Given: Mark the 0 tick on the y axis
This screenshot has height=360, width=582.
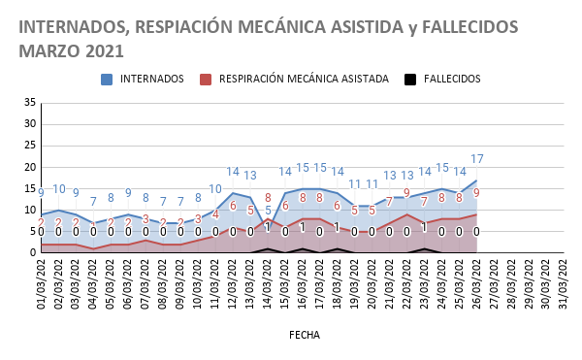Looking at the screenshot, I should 32,252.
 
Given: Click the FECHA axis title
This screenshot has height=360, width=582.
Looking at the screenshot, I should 304,334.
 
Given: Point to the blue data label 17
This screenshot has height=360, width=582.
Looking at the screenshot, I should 477,159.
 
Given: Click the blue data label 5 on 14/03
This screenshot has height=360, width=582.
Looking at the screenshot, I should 268,211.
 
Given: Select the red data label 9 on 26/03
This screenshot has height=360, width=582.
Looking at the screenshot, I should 476,193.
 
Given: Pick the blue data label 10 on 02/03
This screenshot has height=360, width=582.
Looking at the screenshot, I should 59,189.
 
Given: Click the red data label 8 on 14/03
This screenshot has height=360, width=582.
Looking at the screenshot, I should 268,198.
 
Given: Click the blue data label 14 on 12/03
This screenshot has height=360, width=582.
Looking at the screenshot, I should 233,172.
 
